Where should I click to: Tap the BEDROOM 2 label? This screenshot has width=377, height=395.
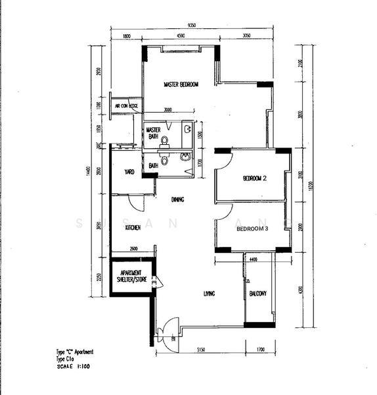click(x=254, y=178)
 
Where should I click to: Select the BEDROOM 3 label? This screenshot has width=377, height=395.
click(x=254, y=228)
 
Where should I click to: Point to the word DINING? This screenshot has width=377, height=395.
click(x=177, y=199)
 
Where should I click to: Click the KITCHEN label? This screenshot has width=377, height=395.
click(x=134, y=228)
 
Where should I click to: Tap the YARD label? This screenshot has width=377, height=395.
click(x=130, y=172)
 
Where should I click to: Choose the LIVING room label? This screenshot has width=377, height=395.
click(x=210, y=293)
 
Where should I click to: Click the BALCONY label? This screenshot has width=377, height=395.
click(x=257, y=294)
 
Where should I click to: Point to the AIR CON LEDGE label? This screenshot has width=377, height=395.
click(x=126, y=105)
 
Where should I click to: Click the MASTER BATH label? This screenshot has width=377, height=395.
click(x=153, y=133)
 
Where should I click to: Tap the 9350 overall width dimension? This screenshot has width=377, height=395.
click(x=191, y=25)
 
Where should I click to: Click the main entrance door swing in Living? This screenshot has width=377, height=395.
click(x=168, y=327)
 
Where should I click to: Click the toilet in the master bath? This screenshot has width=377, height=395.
click(x=165, y=140)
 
